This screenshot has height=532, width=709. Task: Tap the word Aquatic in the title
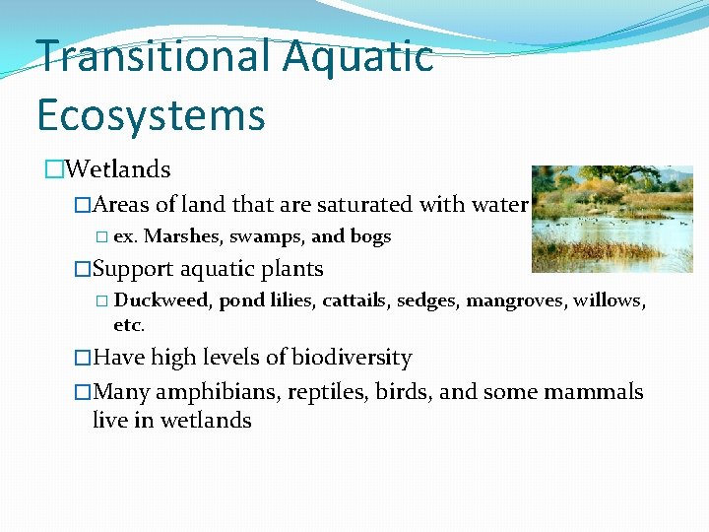(x=358, y=57)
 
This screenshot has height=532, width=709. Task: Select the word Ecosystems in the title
(x=151, y=114)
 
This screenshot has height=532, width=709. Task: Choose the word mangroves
(x=512, y=300)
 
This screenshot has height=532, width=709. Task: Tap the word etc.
(x=129, y=324)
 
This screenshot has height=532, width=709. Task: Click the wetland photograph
(x=612, y=219)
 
